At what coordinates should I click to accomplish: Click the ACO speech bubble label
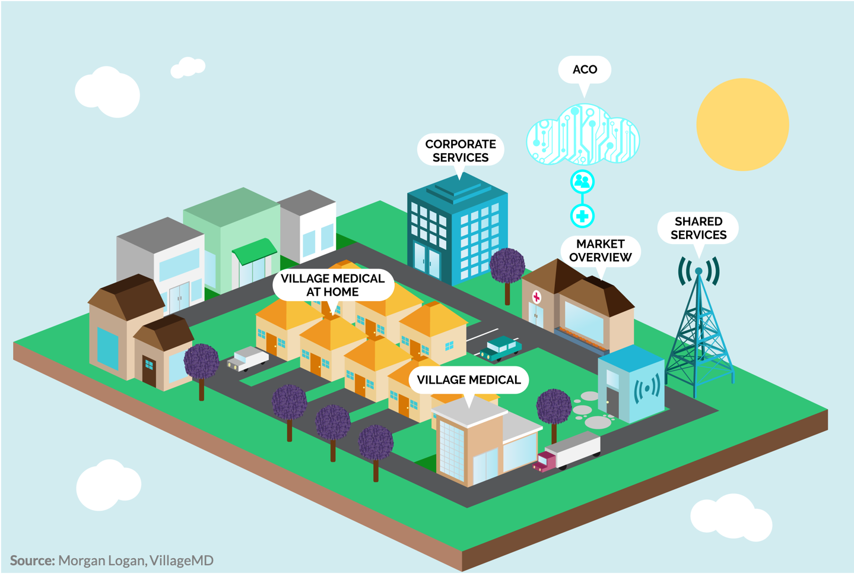(x=585, y=70)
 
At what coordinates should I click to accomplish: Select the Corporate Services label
(x=461, y=151)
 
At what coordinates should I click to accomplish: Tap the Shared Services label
(x=699, y=228)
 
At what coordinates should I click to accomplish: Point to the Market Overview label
(x=601, y=251)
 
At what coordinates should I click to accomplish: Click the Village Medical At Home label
(x=333, y=286)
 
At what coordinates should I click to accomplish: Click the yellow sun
(x=742, y=124)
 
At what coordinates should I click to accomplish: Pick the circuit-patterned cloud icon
(x=583, y=134)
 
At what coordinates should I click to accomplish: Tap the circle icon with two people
(x=582, y=182)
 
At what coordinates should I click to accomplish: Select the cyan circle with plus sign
(x=582, y=216)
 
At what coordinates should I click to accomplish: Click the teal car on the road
(x=501, y=348)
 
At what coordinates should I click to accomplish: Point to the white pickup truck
(x=248, y=359)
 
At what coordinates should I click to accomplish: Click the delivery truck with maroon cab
(x=567, y=451)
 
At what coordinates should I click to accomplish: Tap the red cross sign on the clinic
(x=536, y=297)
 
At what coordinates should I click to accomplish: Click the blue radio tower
(x=699, y=328)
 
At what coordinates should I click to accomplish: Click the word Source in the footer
(x=33, y=561)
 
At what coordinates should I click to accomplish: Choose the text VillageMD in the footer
(x=182, y=561)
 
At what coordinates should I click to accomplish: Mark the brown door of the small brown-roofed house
(x=149, y=371)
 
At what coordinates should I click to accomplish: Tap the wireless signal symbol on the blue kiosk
(x=647, y=389)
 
